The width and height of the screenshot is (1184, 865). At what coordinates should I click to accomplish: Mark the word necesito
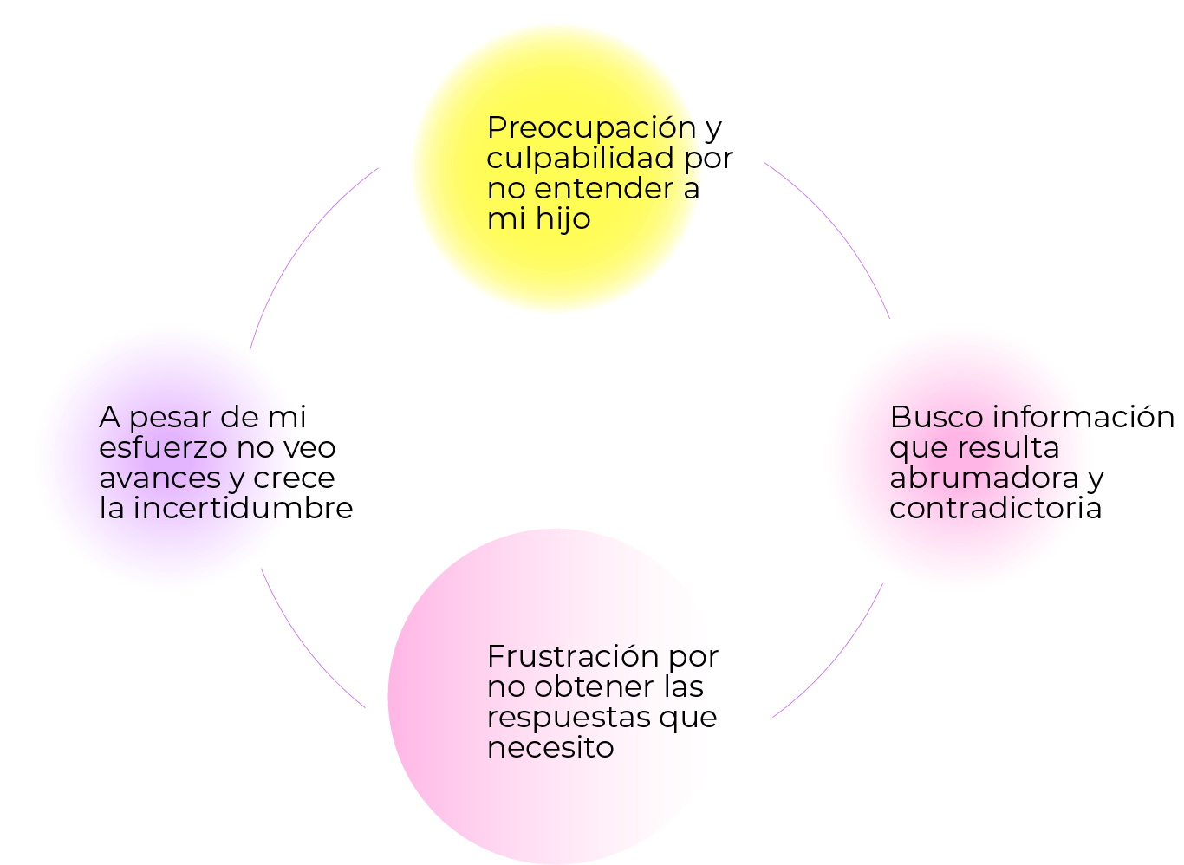tap(550, 747)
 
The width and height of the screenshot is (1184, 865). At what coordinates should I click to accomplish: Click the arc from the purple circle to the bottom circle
tap(303, 650)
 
